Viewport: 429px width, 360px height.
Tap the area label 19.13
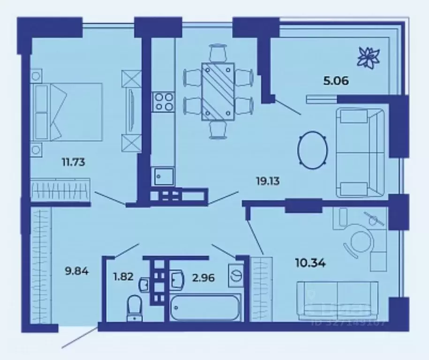268,181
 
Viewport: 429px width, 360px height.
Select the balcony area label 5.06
335,80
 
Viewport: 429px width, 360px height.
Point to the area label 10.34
311,262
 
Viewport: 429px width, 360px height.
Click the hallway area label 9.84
76,270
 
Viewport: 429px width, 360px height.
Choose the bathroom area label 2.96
203,277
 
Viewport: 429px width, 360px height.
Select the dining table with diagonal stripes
218,91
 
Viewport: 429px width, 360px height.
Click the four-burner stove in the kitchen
163,101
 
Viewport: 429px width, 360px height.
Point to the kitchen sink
162,177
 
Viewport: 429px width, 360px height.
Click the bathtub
204,308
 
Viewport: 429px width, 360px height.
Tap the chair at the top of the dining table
218,53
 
